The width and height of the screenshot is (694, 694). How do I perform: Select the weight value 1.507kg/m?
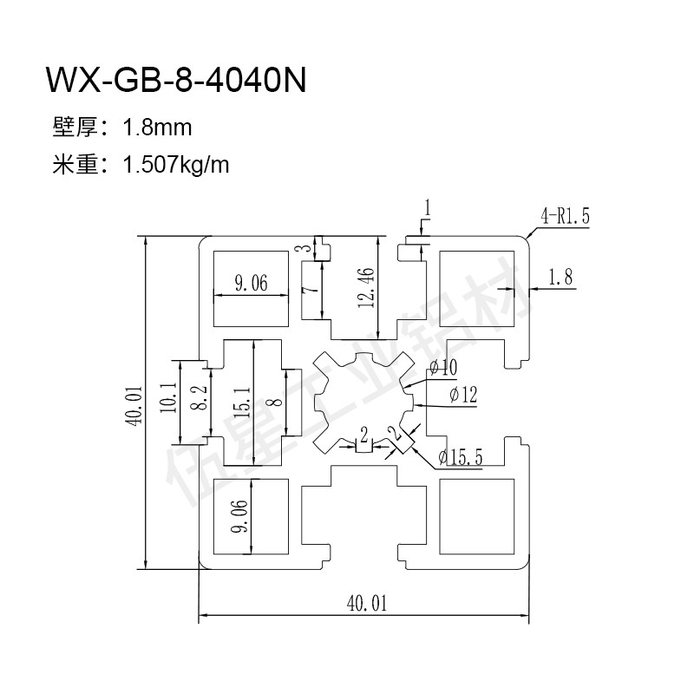coord(177,164)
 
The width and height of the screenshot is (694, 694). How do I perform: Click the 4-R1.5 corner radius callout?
coord(565,218)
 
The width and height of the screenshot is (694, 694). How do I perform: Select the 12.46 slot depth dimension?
coord(367,286)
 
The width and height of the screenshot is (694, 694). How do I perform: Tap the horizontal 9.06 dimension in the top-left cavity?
coord(251,283)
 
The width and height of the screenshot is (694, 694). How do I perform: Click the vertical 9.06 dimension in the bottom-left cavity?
coord(239,516)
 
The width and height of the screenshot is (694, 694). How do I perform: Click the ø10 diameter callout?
coord(442,368)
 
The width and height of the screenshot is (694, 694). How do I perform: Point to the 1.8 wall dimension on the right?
coord(561,278)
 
